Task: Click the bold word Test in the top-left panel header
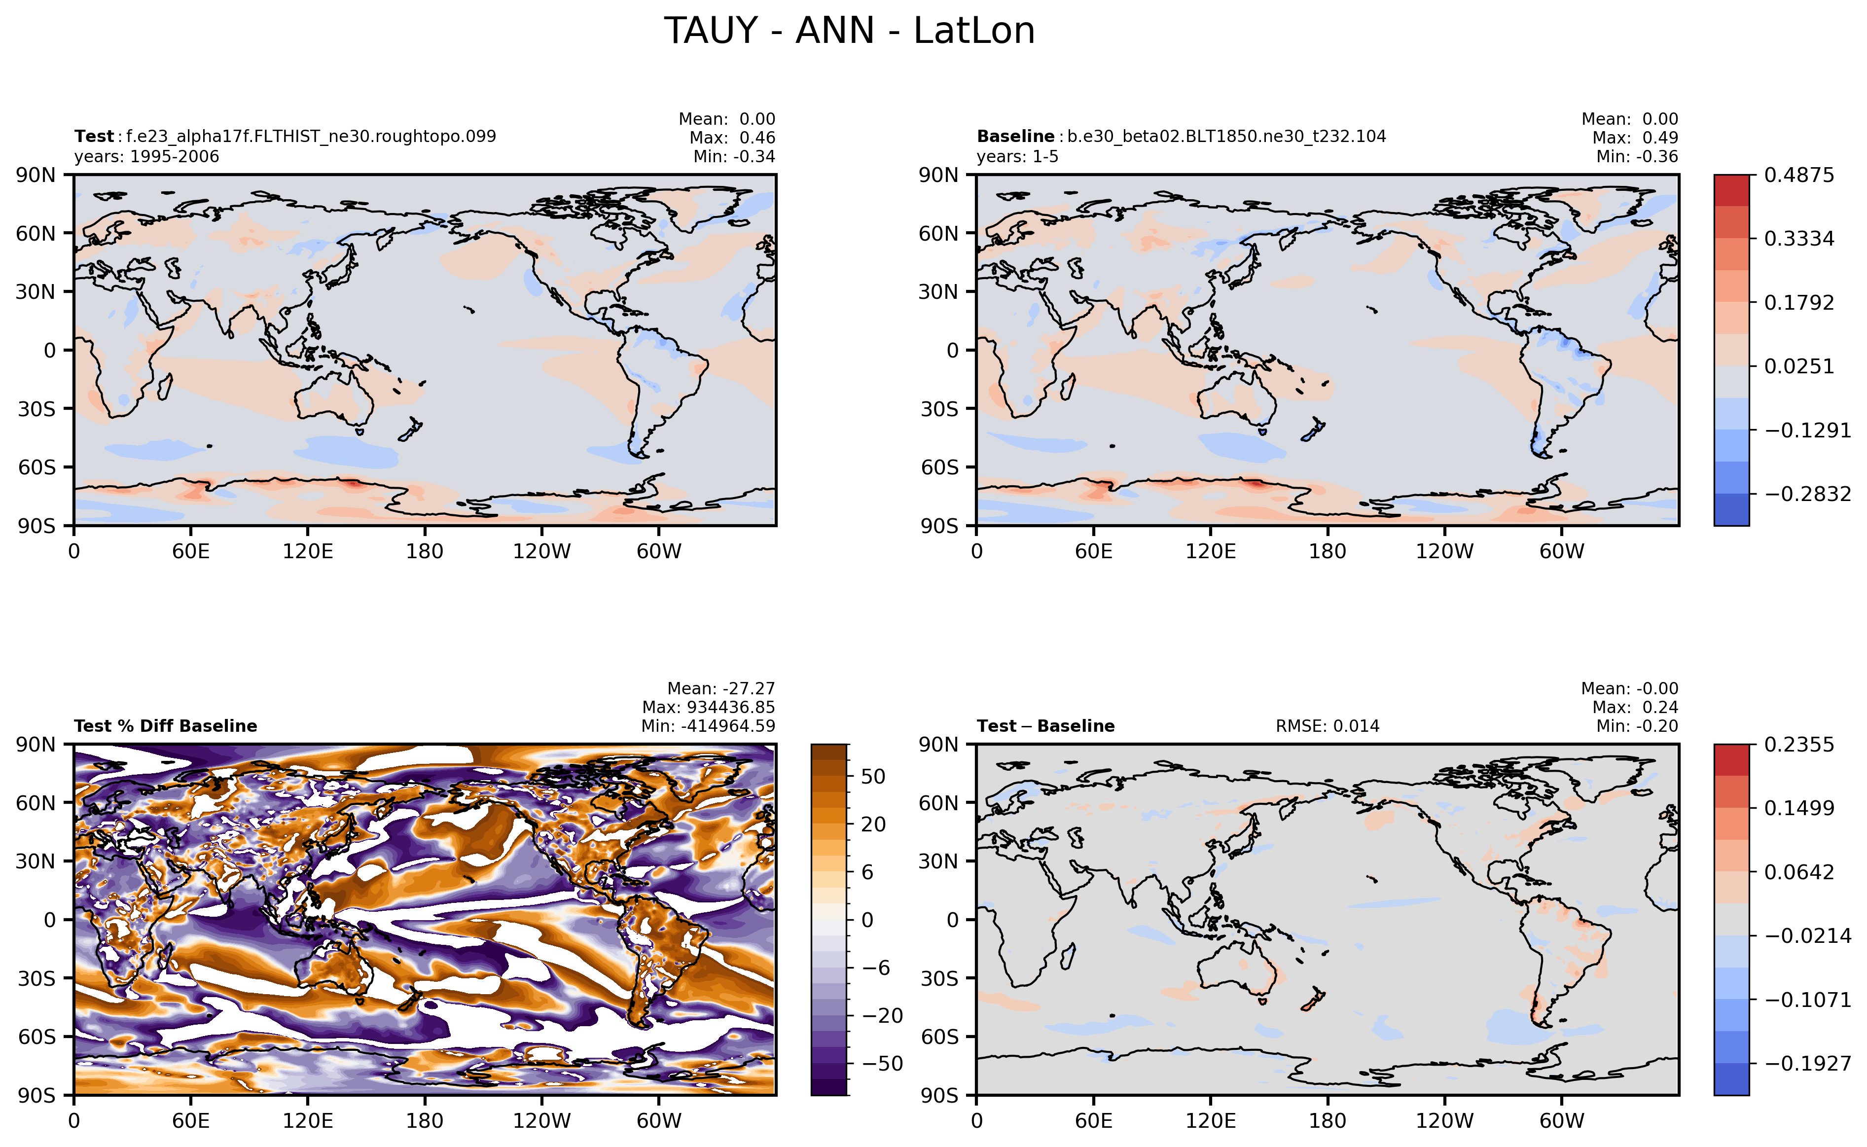pyautogui.click(x=94, y=137)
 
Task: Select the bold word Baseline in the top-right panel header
pyautogui.click(x=1015, y=137)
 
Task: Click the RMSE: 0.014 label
pyautogui.click(x=1327, y=726)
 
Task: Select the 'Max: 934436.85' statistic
pyautogui.click(x=709, y=707)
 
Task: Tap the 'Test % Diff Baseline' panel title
pyautogui.click(x=165, y=726)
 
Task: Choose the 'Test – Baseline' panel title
pyautogui.click(x=1045, y=726)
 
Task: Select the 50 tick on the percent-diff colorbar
pyautogui.click(x=873, y=777)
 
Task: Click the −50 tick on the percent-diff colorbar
pyautogui.click(x=882, y=1064)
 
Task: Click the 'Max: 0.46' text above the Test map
pyautogui.click(x=732, y=138)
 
